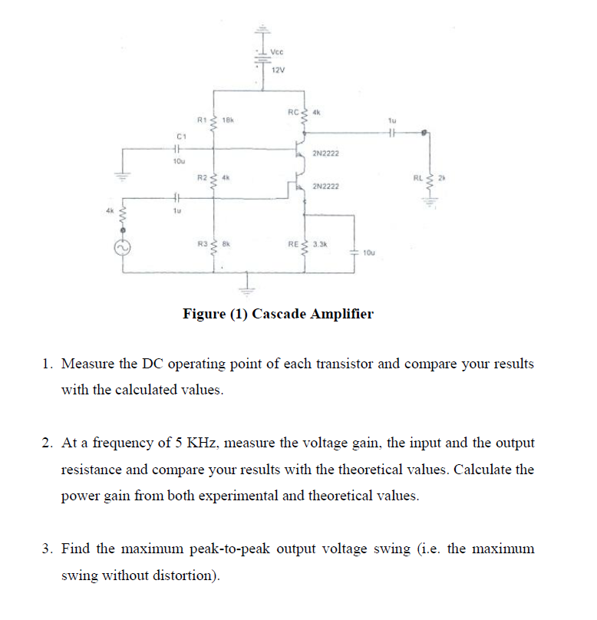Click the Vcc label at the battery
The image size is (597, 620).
pos(278,51)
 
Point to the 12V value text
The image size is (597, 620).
pos(278,71)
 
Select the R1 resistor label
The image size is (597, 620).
pos(202,119)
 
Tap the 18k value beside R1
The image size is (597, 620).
pos(227,119)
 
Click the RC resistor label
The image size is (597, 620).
pos(293,112)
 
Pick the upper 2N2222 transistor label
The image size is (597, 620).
pos(326,154)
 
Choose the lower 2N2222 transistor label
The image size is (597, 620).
pos(326,186)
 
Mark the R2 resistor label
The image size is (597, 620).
pos(202,177)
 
